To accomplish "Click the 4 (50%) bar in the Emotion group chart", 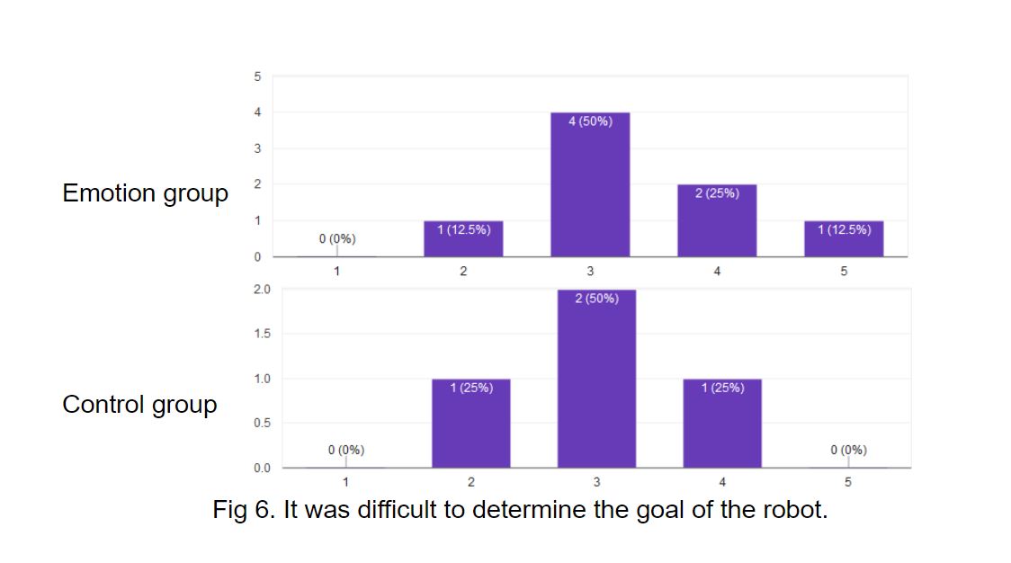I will click(590, 184).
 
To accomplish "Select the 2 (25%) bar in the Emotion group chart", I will click(717, 220).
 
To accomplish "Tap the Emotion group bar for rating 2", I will click(463, 238).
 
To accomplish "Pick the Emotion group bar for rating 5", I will click(844, 238).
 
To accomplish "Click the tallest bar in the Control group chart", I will click(596, 379).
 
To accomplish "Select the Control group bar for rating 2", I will click(470, 423).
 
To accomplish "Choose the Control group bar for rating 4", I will click(722, 423).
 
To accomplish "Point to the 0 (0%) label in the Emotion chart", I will click(337, 238).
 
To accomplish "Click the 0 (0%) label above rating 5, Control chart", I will click(848, 450).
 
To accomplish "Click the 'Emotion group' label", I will click(145, 193).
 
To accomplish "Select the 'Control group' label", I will click(139, 405).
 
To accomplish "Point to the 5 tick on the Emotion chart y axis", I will click(256, 77).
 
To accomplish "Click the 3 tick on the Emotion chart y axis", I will click(256, 149).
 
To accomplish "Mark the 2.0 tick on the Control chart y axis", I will click(262, 290).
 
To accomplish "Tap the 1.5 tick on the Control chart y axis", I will click(262, 335).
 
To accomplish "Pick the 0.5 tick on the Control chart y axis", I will click(262, 424).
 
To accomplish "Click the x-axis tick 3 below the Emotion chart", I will click(590, 272).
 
